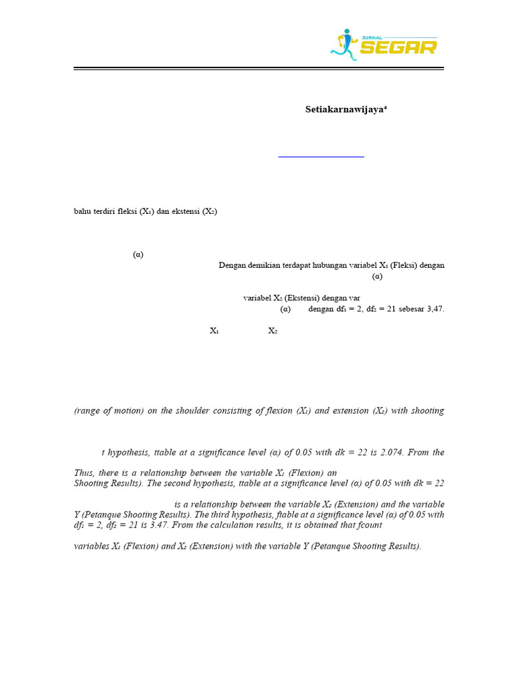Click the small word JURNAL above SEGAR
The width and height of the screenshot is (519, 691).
point(370,36)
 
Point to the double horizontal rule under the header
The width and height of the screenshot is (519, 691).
point(259,68)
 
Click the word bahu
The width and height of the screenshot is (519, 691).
point(82,211)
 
